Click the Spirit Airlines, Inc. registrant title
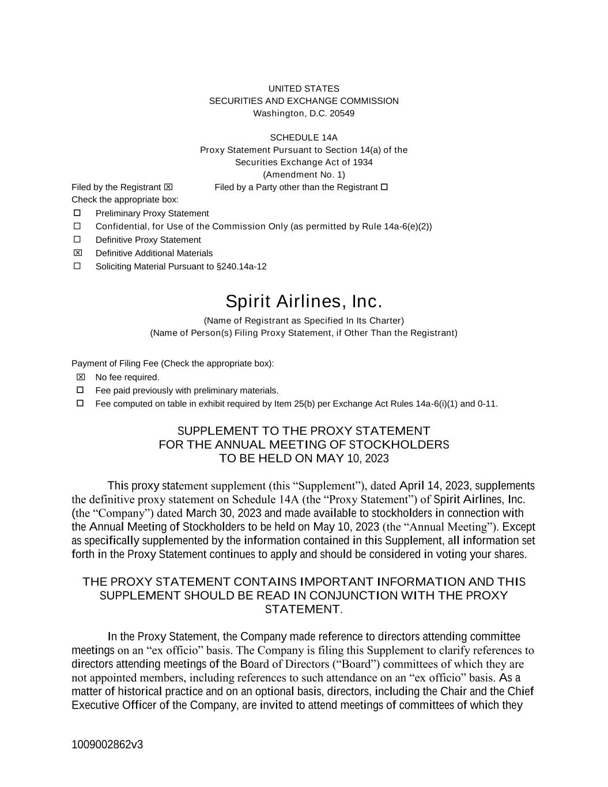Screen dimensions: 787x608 click(304, 302)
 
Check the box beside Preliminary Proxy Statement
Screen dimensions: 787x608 click(77, 213)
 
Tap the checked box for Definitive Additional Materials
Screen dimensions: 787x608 click(77, 253)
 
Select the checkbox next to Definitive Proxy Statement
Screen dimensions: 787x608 click(77, 239)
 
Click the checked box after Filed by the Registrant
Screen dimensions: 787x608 click(168, 187)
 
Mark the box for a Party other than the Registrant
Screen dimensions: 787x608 click(384, 187)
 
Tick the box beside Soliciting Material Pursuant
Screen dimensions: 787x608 click(77, 266)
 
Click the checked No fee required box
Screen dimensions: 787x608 click(80, 377)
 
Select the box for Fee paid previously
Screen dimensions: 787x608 click(80, 390)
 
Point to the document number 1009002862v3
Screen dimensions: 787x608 click(107, 744)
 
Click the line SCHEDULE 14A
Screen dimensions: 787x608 click(304, 137)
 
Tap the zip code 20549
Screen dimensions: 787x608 click(342, 113)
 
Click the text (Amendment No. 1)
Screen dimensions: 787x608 click(304, 174)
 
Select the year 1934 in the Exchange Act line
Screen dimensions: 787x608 click(362, 162)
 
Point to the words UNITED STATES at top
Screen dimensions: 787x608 click(304, 88)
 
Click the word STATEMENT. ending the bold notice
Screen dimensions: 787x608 click(304, 609)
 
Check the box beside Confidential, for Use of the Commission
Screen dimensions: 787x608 click(77, 226)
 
